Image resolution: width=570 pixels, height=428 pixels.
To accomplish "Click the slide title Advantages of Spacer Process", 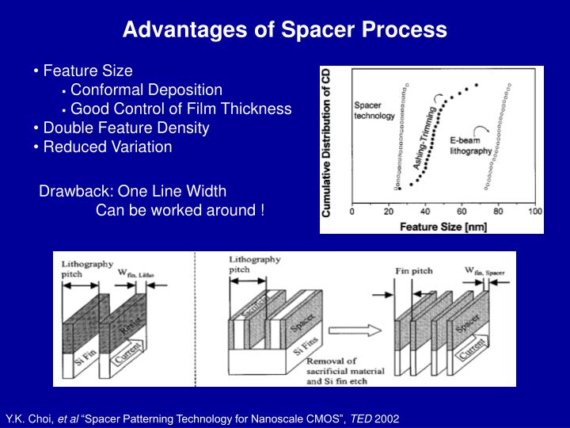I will click(284, 30).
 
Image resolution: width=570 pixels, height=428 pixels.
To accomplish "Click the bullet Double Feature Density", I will click(126, 128).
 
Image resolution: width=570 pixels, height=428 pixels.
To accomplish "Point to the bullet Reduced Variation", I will click(107, 147).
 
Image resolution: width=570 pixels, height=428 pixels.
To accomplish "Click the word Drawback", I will click(74, 191).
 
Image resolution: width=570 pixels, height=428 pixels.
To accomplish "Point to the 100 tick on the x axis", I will click(535, 212).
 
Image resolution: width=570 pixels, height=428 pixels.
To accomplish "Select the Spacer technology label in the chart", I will click(373, 110).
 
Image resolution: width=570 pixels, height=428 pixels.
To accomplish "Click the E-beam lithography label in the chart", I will click(470, 146).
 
